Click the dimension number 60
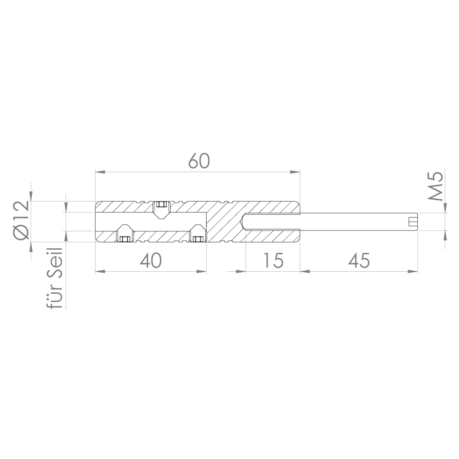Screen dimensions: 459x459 [x=199, y=161]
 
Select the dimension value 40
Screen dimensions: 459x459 [x=151, y=261]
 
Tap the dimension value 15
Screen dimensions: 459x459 [x=274, y=261]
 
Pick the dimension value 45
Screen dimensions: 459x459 [x=359, y=261]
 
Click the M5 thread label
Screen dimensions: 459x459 [x=436, y=186]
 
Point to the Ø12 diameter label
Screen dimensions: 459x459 [x=21, y=220]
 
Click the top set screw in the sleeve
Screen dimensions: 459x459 [x=161, y=207]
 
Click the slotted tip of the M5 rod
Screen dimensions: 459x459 [x=413, y=222]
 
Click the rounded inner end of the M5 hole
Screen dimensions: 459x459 [x=244, y=222]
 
